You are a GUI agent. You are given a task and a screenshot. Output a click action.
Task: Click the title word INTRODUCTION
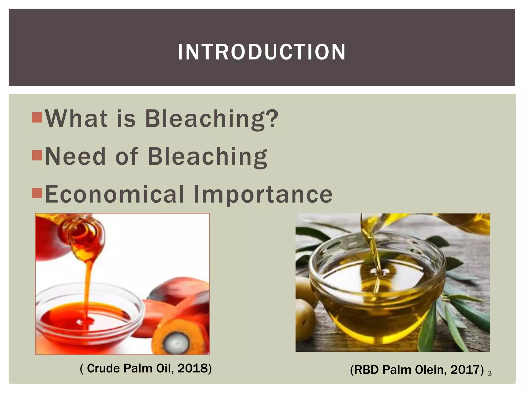(261, 52)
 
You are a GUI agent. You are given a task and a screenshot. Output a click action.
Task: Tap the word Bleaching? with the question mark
(211, 119)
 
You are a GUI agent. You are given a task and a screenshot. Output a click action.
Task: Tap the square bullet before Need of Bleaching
(37, 155)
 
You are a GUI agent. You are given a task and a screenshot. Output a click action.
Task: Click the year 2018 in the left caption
(192, 368)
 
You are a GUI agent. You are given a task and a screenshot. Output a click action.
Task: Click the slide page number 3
(489, 373)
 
